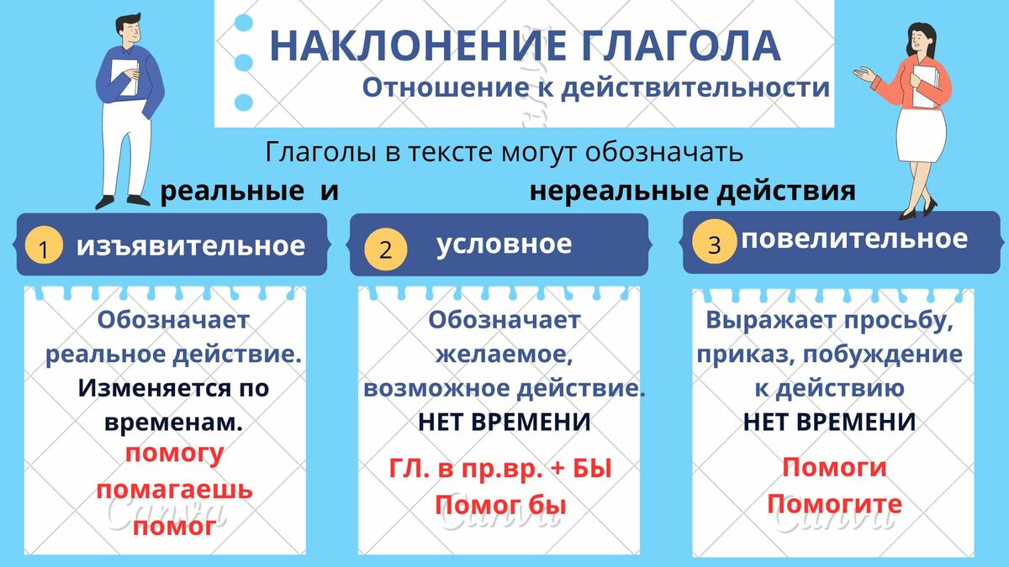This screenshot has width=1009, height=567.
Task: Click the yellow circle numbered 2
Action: (x=386, y=249)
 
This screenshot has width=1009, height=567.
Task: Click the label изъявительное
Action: (x=191, y=246)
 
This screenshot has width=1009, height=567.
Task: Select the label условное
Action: (x=504, y=244)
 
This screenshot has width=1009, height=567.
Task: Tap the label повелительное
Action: (x=854, y=239)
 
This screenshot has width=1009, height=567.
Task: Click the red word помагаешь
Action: (x=174, y=490)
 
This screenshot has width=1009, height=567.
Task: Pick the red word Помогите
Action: (x=835, y=503)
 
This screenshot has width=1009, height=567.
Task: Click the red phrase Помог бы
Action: (x=500, y=505)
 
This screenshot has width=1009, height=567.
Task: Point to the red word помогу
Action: (x=174, y=454)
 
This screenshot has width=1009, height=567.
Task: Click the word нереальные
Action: (x=619, y=192)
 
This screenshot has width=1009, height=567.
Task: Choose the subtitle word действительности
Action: (x=695, y=87)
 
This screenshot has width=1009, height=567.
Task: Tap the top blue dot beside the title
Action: (x=244, y=23)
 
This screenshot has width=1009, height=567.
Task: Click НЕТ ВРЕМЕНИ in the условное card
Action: (x=504, y=423)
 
